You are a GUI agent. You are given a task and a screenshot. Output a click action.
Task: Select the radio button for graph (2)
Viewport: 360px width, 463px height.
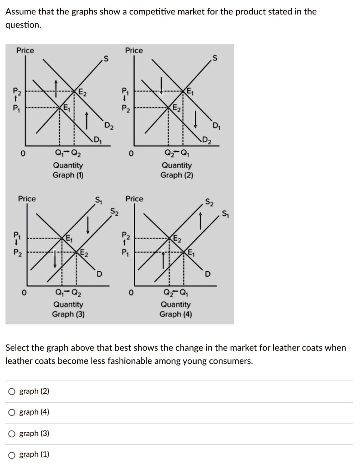coord(11,392)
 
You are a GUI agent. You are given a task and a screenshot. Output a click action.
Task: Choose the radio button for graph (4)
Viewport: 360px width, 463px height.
coord(11,412)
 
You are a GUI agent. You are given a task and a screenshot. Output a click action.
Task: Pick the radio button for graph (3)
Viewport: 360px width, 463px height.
coord(11,434)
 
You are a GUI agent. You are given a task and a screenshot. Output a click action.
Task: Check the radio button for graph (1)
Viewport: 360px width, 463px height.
coord(11,454)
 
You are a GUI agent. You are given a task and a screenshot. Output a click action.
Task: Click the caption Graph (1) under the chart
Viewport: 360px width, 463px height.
coord(68,175)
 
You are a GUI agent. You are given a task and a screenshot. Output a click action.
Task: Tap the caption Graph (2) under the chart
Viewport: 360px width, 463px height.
coord(176,175)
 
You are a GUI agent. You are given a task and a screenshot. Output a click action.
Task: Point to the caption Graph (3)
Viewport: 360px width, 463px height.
coord(68,314)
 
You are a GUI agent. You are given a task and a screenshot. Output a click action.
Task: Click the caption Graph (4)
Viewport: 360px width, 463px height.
coord(175,314)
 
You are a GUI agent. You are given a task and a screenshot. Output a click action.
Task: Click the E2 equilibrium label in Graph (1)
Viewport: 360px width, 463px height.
coord(83,93)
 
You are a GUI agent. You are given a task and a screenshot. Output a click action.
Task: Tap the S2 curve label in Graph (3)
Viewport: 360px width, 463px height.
coord(115,211)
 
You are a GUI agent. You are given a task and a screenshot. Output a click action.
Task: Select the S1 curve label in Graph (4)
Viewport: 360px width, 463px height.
coord(225,214)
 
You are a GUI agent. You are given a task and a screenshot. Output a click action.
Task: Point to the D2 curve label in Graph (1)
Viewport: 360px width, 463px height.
coord(109,125)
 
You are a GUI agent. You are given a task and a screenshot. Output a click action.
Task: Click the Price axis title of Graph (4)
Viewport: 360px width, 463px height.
coord(134,199)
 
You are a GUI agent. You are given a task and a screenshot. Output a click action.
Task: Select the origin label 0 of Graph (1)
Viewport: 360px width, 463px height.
coord(21,154)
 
